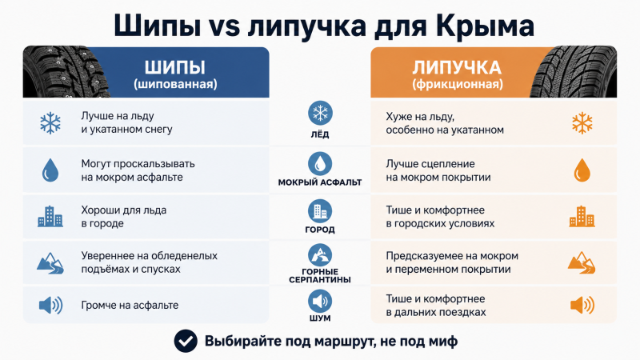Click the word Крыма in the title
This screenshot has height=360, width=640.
click(x=485, y=26)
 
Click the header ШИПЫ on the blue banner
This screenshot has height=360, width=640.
click(x=175, y=67)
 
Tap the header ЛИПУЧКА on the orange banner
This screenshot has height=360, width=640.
click(x=457, y=68)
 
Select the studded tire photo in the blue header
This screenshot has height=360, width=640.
click(x=66, y=72)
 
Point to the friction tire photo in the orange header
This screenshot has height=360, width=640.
click(x=574, y=72)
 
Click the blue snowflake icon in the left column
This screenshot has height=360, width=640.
click(x=50, y=123)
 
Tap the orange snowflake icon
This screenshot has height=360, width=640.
click(x=582, y=123)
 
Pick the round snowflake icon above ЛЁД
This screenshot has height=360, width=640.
click(x=320, y=113)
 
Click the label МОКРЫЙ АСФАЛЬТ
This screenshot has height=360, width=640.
click(x=320, y=182)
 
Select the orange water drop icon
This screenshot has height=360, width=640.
click(x=582, y=170)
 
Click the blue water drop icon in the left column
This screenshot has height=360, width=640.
click(x=50, y=170)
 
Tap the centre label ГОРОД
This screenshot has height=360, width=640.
click(x=320, y=230)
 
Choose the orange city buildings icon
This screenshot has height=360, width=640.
click(x=582, y=216)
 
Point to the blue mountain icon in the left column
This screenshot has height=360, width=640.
click(x=50, y=263)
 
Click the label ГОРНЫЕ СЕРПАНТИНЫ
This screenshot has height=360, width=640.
click(x=320, y=275)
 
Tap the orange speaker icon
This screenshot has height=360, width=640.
click(x=582, y=306)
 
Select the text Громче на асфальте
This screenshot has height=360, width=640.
click(x=130, y=306)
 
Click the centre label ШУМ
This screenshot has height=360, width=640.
click(x=320, y=318)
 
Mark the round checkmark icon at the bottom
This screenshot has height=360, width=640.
click(x=186, y=341)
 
